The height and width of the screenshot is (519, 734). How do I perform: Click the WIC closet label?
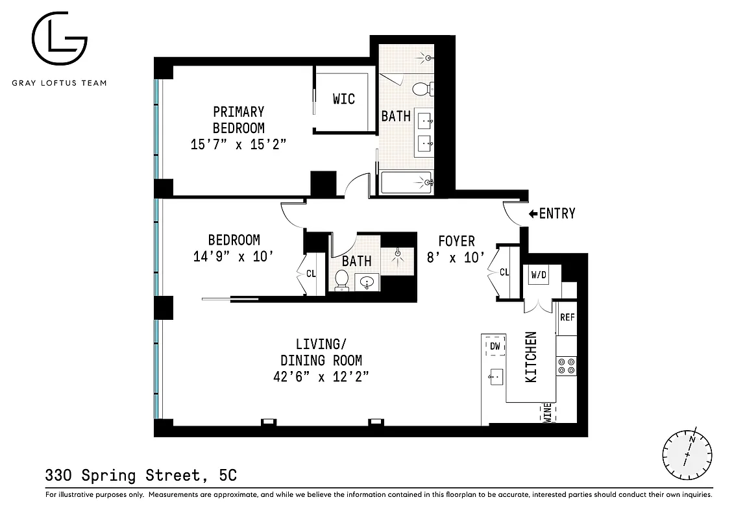[343, 99]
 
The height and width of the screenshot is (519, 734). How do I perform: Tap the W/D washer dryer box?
[539, 274]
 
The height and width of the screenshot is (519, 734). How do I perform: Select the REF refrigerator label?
[567, 317]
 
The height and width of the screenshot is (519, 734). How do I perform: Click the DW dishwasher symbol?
[495, 346]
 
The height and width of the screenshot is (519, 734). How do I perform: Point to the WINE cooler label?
[547, 413]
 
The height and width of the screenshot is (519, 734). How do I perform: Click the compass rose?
[687, 452]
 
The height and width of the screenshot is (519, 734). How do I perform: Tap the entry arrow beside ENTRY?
[533, 213]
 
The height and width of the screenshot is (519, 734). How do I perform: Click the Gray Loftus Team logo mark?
[60, 40]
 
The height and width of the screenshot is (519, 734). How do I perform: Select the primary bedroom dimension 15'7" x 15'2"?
[238, 145]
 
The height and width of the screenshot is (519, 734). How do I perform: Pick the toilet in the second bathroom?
[341, 280]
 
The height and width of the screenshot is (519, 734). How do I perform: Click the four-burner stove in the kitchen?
[567, 366]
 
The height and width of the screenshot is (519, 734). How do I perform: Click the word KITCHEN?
[531, 357]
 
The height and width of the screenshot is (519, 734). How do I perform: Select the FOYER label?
[456, 241]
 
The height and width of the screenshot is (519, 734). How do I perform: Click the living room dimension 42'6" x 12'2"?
[321, 377]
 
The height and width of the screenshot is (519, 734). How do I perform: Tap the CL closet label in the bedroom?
[311, 273]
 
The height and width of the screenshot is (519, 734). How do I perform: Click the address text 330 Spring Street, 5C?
[141, 476]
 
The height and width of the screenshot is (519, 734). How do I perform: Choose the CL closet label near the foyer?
[504, 272]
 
